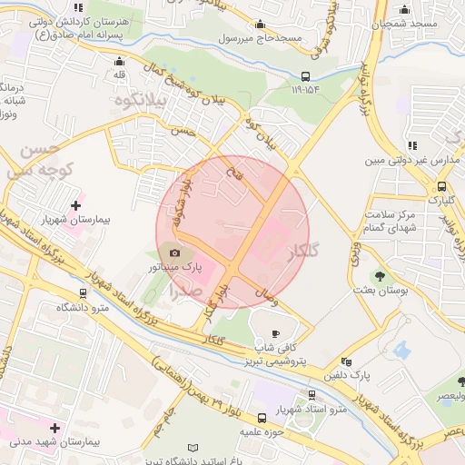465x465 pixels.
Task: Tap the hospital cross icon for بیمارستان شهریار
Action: (75, 206)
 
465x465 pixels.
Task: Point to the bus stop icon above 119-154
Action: (304, 76)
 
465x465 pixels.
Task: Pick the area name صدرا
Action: (186, 292)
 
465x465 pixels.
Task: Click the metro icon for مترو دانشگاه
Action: (84, 293)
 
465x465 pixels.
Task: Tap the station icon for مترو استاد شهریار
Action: (313, 395)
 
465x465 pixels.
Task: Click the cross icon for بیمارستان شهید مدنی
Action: (55, 427)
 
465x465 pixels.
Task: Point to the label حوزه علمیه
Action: (264, 433)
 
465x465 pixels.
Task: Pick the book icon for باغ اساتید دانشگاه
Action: (192, 448)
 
